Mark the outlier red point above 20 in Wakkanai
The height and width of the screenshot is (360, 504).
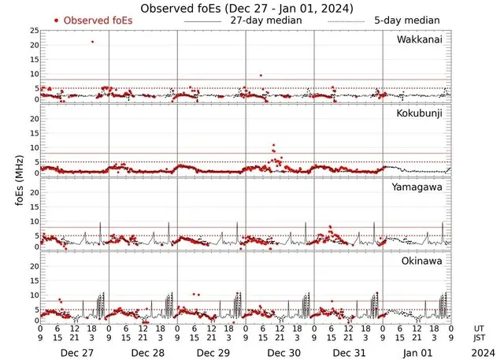click(x=92, y=42)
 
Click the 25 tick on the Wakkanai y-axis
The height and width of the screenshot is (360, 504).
click(x=35, y=31)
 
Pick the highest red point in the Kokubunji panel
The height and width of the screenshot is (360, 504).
click(x=273, y=146)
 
